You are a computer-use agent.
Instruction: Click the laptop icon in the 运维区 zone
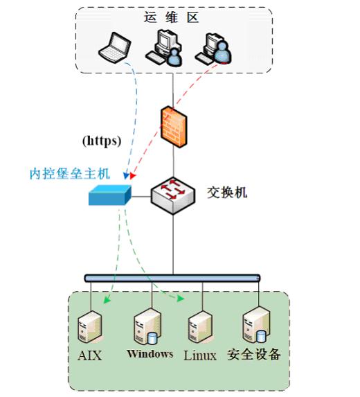point(115,47)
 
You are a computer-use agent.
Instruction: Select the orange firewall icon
point(174,127)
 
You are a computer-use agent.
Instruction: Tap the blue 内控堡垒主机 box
point(110,195)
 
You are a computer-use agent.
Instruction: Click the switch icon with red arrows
point(173,195)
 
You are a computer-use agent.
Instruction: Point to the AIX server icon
point(90,327)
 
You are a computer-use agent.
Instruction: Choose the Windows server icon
point(147,326)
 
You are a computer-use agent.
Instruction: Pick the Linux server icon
point(200,327)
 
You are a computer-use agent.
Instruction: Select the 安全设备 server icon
point(256,325)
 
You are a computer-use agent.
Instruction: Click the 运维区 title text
point(171,17)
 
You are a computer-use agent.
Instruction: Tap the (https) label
point(102,141)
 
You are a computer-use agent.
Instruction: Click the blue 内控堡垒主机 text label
point(70,174)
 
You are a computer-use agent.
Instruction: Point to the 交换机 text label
point(227,193)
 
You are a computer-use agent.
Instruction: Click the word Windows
point(150,354)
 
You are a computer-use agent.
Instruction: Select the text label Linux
point(200,355)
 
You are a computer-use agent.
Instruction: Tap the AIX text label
point(90,355)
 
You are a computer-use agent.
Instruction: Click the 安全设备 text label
point(254,354)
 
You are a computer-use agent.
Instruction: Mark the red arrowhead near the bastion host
point(132,175)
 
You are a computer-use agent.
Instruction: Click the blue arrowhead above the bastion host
point(126,175)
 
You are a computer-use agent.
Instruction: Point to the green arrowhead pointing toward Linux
point(181,299)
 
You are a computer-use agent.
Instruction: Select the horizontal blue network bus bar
point(172,279)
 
